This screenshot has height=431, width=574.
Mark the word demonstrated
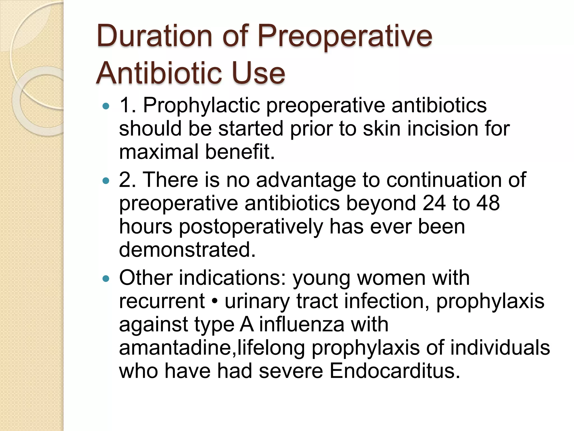187,250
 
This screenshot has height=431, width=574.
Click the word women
391,278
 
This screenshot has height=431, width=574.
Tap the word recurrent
162,301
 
